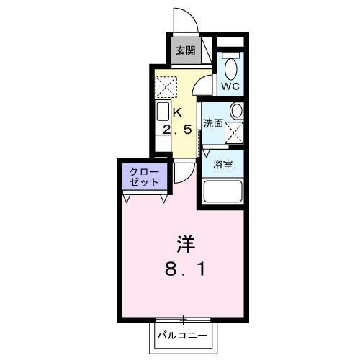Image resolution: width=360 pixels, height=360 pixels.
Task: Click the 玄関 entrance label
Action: pyautogui.click(x=186, y=50)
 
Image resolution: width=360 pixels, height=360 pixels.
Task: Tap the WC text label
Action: pyautogui.click(x=230, y=86)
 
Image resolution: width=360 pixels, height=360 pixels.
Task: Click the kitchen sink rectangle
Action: pyautogui.click(x=162, y=116)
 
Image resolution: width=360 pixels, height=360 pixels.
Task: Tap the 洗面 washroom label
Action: pyautogui.click(x=214, y=123)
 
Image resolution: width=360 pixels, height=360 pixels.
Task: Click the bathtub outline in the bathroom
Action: pyautogui.click(x=224, y=192)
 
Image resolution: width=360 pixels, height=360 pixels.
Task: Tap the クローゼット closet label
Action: pyautogui.click(x=145, y=176)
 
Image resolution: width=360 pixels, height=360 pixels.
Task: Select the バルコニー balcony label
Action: pyautogui.click(x=183, y=336)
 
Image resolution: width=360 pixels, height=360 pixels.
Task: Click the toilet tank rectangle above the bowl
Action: pyautogui.click(x=230, y=54)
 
